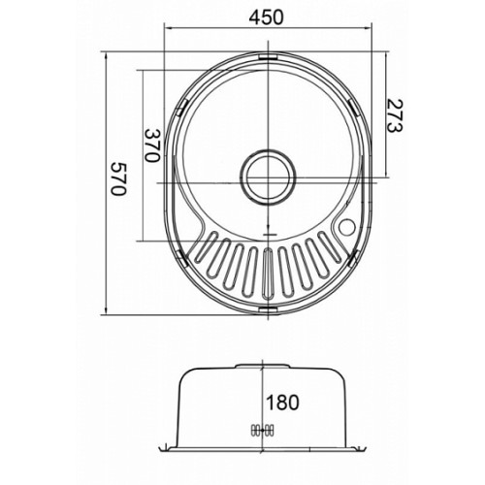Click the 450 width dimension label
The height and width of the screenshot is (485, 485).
click(266, 16)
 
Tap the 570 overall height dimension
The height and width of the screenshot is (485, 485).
click(118, 178)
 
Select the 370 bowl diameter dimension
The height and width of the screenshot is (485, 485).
click(152, 145)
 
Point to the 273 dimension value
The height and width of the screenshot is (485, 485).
click(394, 115)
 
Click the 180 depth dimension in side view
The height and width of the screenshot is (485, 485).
click(282, 403)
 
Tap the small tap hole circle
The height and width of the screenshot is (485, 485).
click(347, 227)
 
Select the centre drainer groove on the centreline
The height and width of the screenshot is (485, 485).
click(268, 274)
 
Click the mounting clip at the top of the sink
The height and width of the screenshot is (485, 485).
click(268, 57)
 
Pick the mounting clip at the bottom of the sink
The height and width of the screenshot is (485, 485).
click(268, 309)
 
